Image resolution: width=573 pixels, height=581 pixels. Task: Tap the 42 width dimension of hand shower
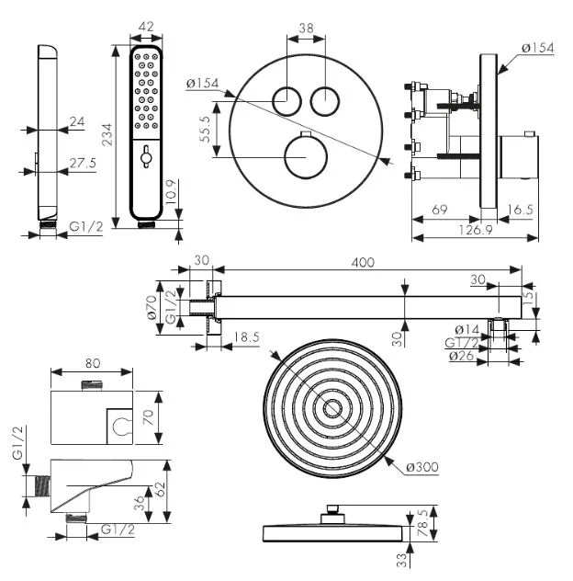[x=144, y=28]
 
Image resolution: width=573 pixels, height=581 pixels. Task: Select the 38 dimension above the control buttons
[x=307, y=28]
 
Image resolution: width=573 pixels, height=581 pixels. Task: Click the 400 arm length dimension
[x=365, y=263]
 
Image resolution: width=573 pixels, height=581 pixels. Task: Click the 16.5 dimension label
[x=520, y=211]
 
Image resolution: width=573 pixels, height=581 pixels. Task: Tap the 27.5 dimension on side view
[x=84, y=164]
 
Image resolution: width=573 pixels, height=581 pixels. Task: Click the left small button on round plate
[x=287, y=99]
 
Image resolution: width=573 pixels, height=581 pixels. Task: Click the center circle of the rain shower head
[x=333, y=409]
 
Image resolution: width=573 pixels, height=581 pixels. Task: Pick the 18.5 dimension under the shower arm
[x=244, y=338]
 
